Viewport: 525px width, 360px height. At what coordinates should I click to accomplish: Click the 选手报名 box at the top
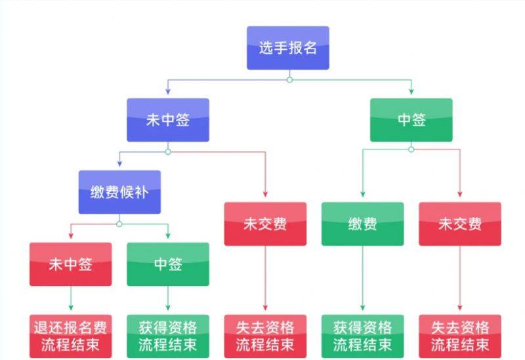click(287, 48)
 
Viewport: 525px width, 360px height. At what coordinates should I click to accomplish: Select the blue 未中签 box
click(168, 120)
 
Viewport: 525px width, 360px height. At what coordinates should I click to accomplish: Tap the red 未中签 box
click(70, 264)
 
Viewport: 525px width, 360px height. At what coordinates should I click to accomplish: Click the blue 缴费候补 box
click(119, 192)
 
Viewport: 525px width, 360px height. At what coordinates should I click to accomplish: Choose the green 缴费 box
click(362, 224)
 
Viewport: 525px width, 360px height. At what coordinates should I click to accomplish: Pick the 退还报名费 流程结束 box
click(70, 336)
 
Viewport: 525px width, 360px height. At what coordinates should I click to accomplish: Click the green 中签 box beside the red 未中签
click(168, 264)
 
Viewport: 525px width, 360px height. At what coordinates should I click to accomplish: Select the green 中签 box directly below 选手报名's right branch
click(411, 120)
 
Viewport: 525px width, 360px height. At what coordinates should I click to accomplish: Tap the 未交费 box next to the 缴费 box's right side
click(459, 224)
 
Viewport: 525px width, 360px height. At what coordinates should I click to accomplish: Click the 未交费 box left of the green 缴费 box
click(265, 224)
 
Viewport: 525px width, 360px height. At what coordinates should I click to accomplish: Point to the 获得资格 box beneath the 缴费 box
click(362, 336)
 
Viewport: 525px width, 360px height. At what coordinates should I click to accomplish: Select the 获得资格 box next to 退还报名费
click(168, 336)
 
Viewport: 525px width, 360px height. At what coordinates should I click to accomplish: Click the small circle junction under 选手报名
click(289, 80)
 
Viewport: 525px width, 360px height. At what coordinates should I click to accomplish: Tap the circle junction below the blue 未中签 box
click(168, 151)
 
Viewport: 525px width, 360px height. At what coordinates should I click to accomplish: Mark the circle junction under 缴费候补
click(119, 224)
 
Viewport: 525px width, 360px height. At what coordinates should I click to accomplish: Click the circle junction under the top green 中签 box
click(411, 150)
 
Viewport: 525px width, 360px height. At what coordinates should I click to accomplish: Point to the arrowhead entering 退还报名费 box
click(70, 310)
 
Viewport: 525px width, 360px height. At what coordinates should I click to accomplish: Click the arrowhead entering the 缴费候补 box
click(119, 166)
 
